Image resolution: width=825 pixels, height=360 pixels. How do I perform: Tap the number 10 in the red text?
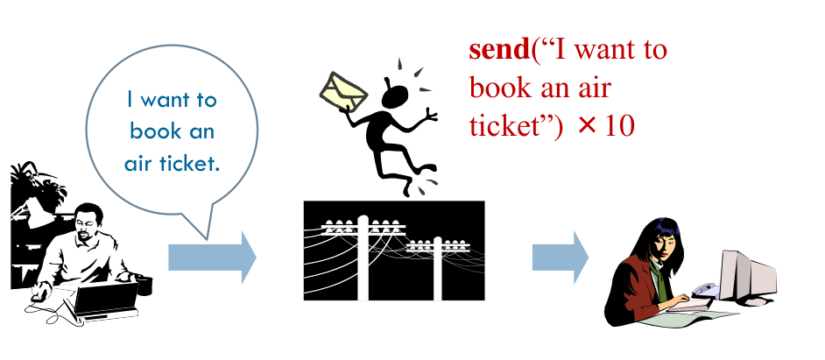(619, 126)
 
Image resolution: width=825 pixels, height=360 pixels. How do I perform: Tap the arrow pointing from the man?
(211, 258)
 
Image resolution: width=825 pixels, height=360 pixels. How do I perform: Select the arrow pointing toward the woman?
(560, 258)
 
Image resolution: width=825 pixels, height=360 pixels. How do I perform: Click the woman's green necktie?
(664, 279)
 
